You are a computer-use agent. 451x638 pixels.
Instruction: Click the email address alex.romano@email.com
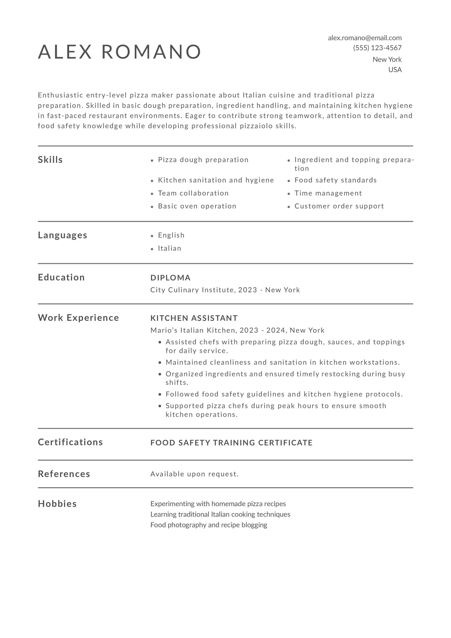tap(365, 38)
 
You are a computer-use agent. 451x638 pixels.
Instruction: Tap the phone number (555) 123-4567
tap(377, 48)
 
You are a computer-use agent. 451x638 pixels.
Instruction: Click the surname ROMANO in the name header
tap(151, 52)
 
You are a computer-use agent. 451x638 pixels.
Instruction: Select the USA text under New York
tap(395, 70)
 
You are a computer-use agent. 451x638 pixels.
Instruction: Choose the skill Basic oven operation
tap(197, 206)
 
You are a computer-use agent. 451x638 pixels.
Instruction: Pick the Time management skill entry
tap(328, 193)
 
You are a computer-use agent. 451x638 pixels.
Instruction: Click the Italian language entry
tap(169, 248)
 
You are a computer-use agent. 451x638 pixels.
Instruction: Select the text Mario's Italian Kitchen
tap(193, 330)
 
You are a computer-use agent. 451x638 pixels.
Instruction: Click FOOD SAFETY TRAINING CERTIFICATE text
tap(231, 443)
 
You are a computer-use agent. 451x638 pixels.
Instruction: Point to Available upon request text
tap(194, 474)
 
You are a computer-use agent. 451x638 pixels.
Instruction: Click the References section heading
tap(64, 474)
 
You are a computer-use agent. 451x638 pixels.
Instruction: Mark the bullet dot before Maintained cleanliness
tap(160, 363)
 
